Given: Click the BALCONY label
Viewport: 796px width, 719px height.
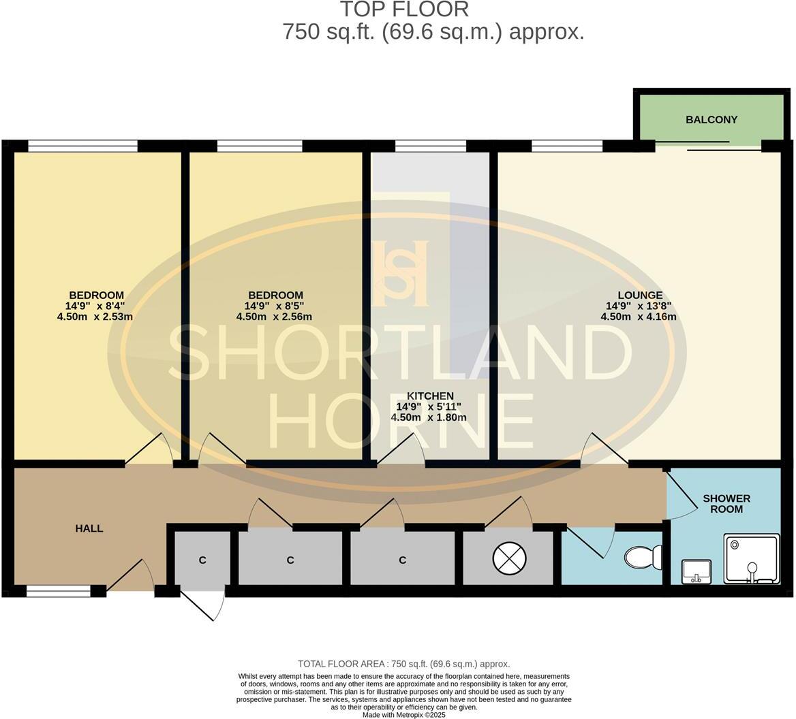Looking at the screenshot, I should coord(711,120).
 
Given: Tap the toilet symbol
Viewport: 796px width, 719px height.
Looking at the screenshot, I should coord(643,558).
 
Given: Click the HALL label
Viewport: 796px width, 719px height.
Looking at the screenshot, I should coord(89,528).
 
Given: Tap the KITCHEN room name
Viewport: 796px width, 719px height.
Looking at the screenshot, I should coord(430,396).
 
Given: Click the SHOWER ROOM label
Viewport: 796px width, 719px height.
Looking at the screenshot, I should coord(726,504).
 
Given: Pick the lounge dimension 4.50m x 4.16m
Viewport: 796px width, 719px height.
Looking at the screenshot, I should coord(639,317).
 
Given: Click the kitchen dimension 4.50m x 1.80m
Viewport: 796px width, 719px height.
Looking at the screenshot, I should coord(429,417).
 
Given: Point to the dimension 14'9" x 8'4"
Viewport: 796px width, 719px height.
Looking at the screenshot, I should coord(95,306).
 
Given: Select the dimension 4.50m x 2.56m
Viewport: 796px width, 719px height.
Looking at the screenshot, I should coord(274,317).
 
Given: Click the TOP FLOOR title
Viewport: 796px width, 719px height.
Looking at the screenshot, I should coord(404,10).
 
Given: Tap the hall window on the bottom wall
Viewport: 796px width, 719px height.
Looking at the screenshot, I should coord(59,592).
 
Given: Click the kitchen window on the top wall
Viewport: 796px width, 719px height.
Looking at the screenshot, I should coord(430,146).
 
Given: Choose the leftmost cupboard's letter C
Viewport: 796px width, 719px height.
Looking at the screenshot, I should coord(202,560).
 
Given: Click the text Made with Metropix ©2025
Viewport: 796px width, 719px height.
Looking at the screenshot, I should coord(404,715).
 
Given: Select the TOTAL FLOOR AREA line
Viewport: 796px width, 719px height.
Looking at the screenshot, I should coord(404,664).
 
